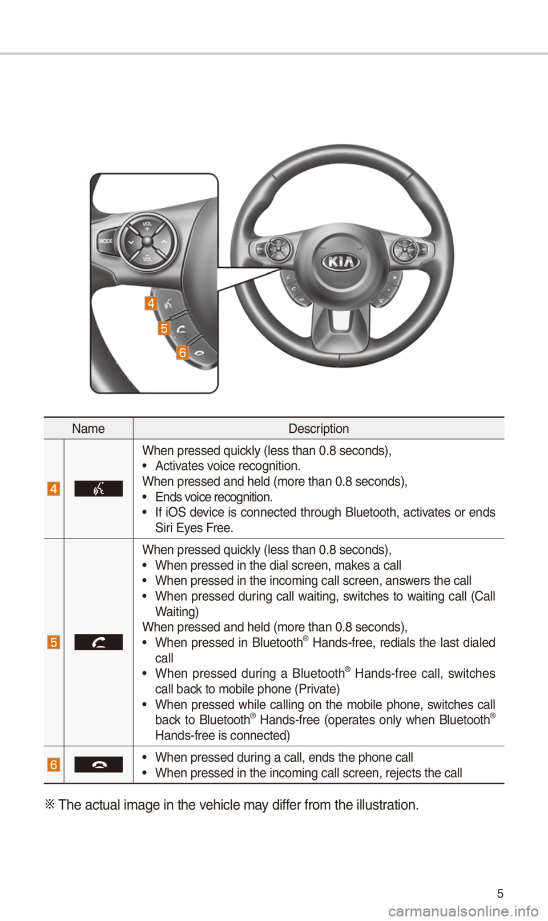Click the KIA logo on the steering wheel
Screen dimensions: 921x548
(341, 262)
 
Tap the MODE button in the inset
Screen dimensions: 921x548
(106, 241)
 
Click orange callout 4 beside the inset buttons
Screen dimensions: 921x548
(151, 303)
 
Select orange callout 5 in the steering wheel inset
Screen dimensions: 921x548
(164, 328)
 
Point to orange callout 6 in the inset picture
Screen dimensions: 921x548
(182, 352)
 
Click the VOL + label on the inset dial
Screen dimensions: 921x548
(147, 226)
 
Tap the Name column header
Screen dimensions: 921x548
(88, 429)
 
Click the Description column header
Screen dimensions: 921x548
(319, 429)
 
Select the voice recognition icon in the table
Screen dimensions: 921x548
(99, 489)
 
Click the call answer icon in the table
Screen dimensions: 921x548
(99, 642)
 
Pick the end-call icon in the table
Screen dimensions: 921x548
(99, 765)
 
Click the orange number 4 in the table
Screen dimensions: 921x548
(54, 489)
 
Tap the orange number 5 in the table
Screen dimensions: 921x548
(54, 642)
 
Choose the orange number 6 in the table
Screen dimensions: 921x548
(54, 765)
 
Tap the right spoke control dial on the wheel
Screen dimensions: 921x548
(405, 249)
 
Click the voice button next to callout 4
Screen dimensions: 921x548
(169, 303)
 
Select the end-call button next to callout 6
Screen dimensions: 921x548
(200, 353)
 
